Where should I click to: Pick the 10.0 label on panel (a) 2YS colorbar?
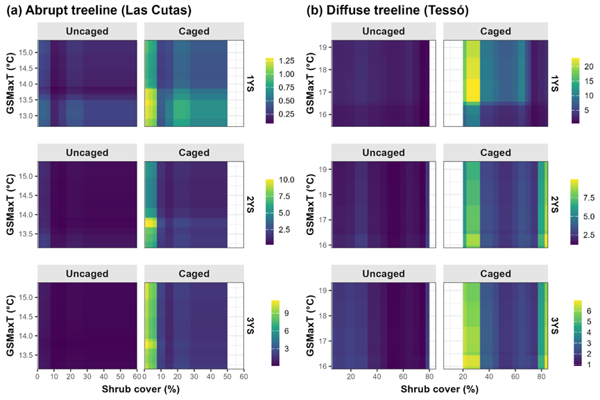pos(287,180)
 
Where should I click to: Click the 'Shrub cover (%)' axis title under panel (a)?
pos(142,391)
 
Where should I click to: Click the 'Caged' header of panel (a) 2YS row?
pos(185,153)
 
